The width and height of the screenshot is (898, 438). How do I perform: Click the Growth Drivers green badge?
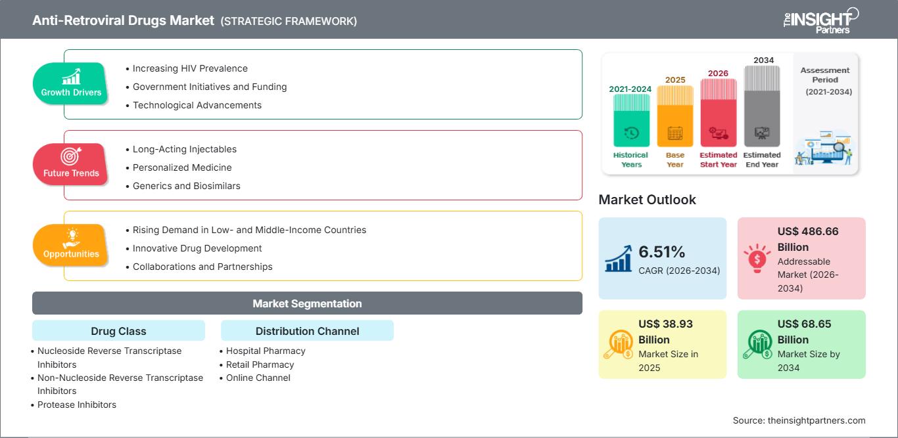(x=70, y=83)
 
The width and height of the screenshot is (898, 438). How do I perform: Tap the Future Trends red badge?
(x=70, y=164)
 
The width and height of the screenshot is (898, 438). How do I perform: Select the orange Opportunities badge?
(x=70, y=245)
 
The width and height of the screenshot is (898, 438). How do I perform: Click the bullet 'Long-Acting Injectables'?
(x=185, y=149)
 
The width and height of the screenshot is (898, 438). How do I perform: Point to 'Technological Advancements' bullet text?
(x=197, y=105)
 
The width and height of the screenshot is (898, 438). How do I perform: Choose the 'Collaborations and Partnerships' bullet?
(x=202, y=267)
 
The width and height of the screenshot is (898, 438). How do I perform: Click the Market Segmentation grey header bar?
(x=307, y=303)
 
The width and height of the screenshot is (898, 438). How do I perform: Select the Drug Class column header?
(x=119, y=331)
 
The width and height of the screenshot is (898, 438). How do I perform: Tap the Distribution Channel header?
(x=307, y=331)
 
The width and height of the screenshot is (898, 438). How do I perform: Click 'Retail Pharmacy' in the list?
(x=260, y=364)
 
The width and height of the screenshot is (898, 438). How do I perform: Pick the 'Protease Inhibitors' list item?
(x=76, y=405)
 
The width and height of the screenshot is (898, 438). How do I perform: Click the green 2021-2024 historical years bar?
(x=631, y=120)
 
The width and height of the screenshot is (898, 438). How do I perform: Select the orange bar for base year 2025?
(x=675, y=116)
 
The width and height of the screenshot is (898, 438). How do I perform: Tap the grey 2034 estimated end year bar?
(x=762, y=106)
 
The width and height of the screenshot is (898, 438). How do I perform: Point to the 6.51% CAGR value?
(x=661, y=252)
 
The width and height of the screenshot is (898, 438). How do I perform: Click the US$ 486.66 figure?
(x=808, y=231)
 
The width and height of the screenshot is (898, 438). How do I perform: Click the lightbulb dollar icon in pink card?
(x=757, y=258)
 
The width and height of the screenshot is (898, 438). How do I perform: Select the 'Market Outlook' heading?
(x=647, y=200)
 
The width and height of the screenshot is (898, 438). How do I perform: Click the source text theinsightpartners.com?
(x=816, y=420)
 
